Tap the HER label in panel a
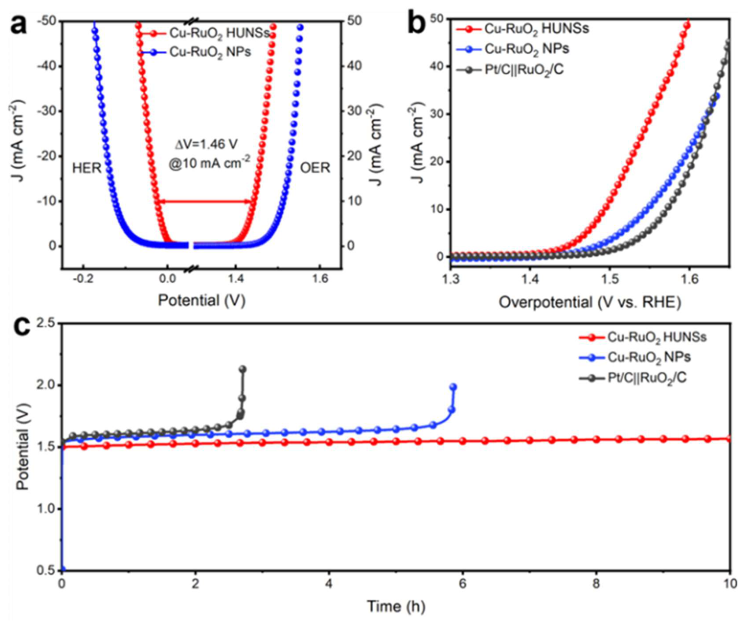pos(87,168)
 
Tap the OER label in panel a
pos(315,168)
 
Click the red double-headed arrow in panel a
pos(205,202)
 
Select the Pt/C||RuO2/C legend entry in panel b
pos(510,70)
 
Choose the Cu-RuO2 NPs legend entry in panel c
pos(635,358)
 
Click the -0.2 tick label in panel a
pos(83,278)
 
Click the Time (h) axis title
pos(396,607)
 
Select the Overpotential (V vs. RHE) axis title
pos(590,302)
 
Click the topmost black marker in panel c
pos(243,369)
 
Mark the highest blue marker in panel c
pos(453,387)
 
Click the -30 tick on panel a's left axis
pos(46,111)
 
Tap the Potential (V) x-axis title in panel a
pos(202,300)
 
